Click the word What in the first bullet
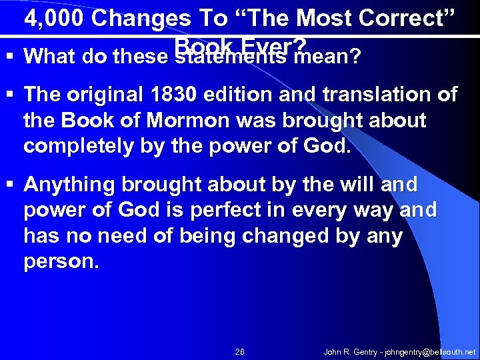(x=49, y=57)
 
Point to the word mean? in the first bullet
(x=329, y=57)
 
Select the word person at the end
(x=59, y=261)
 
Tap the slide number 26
(x=240, y=351)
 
